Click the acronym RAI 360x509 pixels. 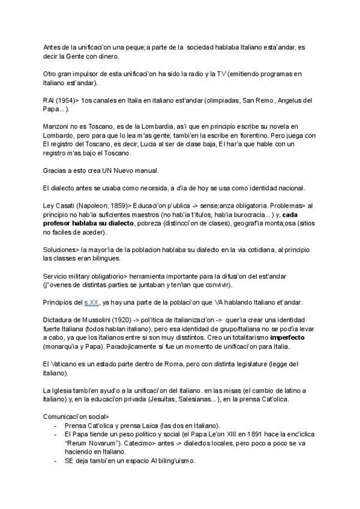[49, 101]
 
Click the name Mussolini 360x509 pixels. [96, 319]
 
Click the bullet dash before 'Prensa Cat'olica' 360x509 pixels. [56, 425]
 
